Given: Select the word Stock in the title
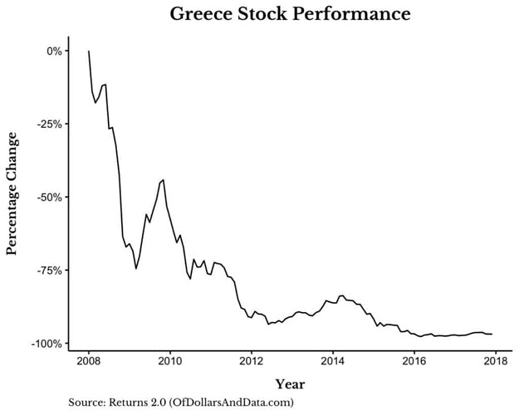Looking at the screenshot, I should point(269,14).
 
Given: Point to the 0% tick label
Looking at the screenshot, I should point(55,51).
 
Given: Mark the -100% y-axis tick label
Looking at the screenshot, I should point(47,344).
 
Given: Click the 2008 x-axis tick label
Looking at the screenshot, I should point(89,362).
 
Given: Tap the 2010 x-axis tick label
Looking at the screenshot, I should point(170,362).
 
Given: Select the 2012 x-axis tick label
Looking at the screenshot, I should point(252,362).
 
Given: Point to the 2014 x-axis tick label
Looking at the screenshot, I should point(333,362).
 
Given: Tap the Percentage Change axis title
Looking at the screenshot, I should point(12,198).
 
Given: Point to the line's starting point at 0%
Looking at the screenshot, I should point(89,51).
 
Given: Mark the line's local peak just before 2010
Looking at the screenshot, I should point(163,179).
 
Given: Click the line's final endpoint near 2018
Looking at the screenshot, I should point(492,334).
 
